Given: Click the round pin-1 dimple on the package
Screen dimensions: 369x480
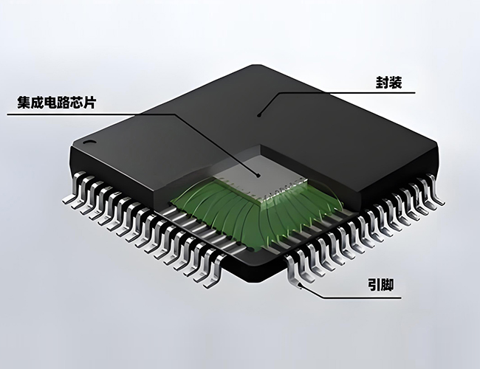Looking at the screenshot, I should tap(89, 139).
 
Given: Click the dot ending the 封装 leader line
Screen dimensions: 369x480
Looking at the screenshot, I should tap(258, 114).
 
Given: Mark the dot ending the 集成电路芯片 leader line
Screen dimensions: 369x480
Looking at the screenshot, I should tap(258, 175).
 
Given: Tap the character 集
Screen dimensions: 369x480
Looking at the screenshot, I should tap(16, 102).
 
